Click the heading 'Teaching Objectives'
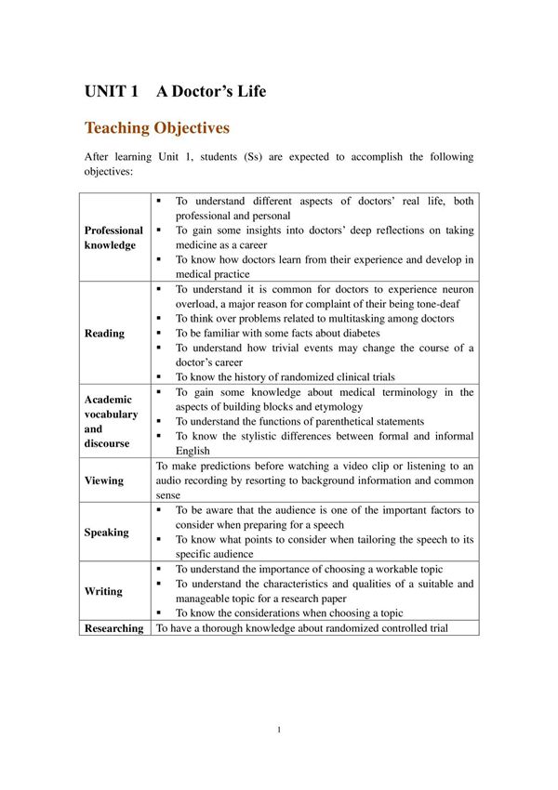tap(157, 127)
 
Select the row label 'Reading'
tap(104, 334)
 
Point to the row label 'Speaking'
tap(106, 533)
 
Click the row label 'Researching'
tap(114, 628)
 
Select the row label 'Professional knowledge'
tap(113, 237)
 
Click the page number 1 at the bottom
tap(279, 730)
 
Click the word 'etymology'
tap(336, 407)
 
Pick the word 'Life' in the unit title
tap(249, 91)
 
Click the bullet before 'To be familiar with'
tap(159, 334)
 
